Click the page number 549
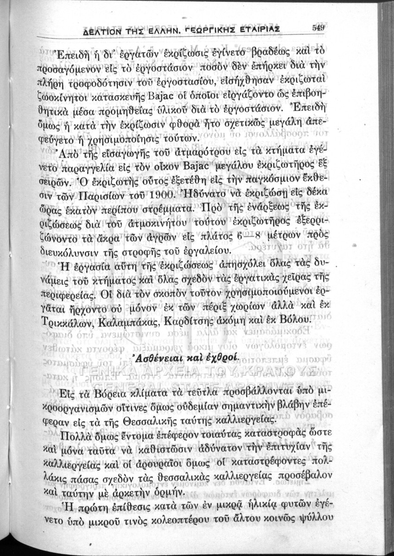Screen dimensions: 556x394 coord(318,27)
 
